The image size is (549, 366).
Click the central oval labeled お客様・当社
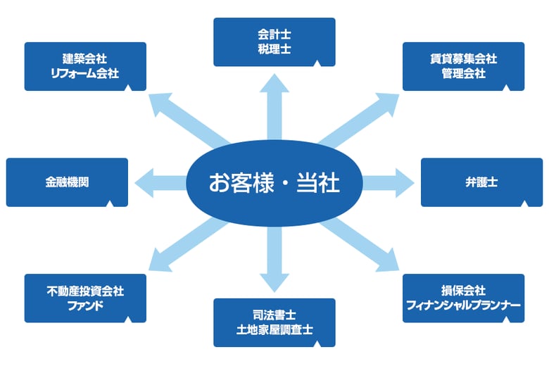tap(274, 183)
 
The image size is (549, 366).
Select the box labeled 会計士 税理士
tap(274, 42)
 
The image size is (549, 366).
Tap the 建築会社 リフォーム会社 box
tap(85, 66)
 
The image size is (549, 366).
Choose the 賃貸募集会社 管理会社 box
tap(463, 66)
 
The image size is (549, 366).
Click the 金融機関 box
tap(67, 182)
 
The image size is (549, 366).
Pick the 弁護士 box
tap(482, 182)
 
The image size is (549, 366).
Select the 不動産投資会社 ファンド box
tap(85, 298)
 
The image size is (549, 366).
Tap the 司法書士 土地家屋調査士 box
tap(274, 322)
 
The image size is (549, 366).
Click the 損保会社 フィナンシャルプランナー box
tap(463, 298)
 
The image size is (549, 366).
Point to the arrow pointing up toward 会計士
tap(274, 99)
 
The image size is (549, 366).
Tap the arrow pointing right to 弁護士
tap(391, 182)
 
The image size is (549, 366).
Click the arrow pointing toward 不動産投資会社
tap(183, 246)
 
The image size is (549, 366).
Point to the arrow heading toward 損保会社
tap(366, 246)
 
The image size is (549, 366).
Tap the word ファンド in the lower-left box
tap(85, 305)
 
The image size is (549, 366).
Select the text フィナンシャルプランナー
tap(463, 305)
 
